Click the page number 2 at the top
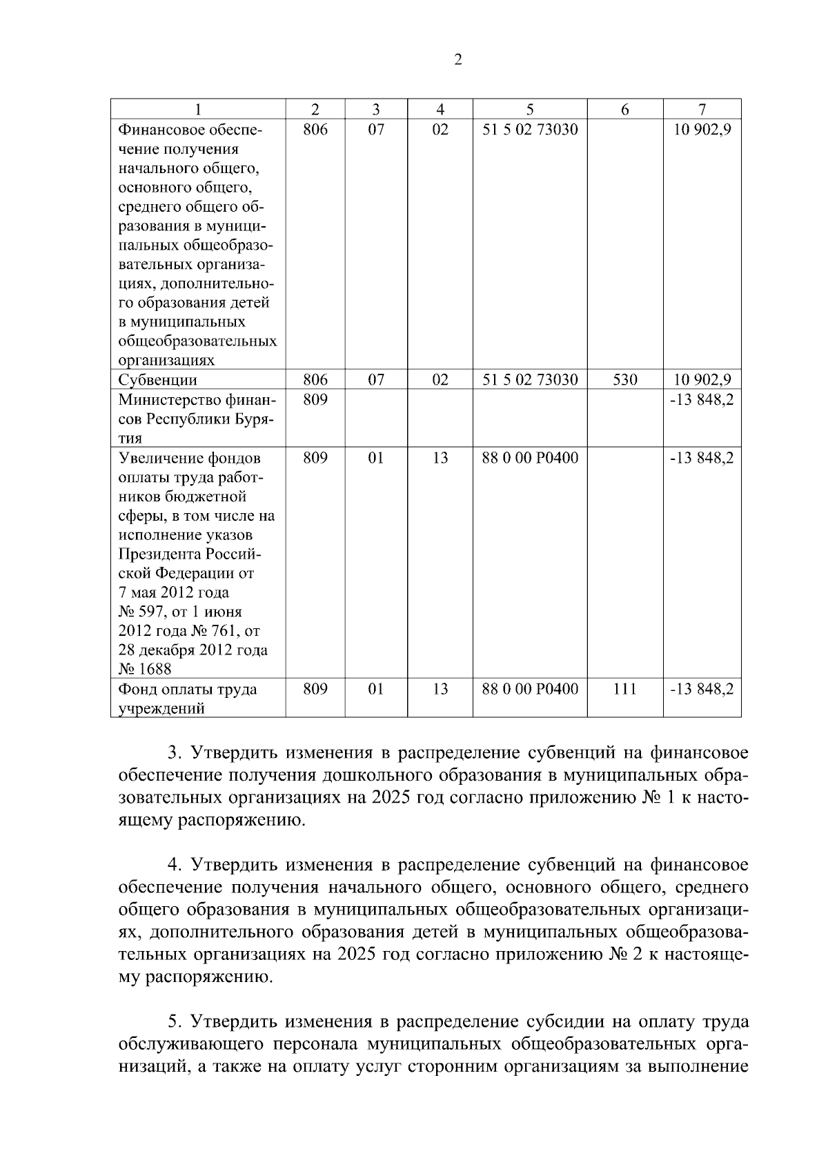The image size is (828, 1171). click(457, 60)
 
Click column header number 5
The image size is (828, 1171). click(530, 109)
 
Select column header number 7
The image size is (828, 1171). click(702, 109)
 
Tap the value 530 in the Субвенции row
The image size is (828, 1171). click(624, 379)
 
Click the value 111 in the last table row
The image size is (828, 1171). click(624, 688)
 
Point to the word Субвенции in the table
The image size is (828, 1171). click(157, 380)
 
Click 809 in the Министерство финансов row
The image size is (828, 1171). click(315, 399)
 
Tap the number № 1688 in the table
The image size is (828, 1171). click(145, 669)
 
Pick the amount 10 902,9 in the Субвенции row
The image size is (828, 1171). click(702, 379)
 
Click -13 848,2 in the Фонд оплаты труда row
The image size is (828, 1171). click(702, 688)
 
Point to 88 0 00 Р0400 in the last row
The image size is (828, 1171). click(530, 688)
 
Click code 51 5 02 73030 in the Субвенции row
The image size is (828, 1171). click(530, 379)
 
